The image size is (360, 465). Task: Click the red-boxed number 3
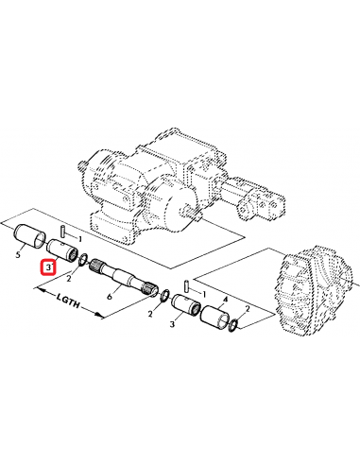click(x=47, y=268)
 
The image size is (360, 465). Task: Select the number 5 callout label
click(x=20, y=253)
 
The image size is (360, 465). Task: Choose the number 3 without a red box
click(x=171, y=324)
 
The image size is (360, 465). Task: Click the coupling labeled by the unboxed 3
click(x=183, y=308)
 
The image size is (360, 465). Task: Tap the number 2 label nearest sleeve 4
click(x=249, y=308)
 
